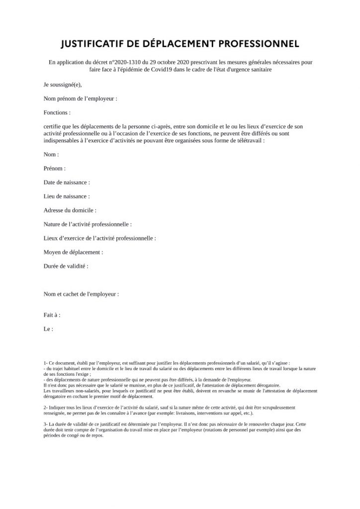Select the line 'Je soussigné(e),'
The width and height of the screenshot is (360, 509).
tap(62, 85)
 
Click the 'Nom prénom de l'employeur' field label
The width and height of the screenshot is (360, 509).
tap(81, 99)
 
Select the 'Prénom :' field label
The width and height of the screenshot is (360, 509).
tap(55, 169)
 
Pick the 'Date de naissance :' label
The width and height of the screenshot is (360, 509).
tap(67, 182)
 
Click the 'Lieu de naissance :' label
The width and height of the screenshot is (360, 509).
tap(67, 196)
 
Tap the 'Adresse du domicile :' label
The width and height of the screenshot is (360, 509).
tap(70, 210)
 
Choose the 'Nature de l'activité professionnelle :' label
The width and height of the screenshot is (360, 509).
tap(88, 224)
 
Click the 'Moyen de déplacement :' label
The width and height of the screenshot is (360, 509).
tap(74, 252)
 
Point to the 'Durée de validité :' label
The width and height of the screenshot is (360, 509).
tap(66, 266)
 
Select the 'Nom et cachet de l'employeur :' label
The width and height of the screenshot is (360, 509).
tap(81, 294)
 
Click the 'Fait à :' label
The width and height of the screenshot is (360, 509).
tap(52, 315)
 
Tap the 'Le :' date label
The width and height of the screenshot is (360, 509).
tap(48, 329)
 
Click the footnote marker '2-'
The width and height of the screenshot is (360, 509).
tap(46, 407)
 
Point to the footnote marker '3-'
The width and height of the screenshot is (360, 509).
tap(46, 422)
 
